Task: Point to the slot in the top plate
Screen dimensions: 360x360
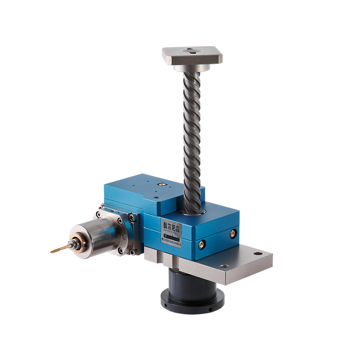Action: pos(191,51)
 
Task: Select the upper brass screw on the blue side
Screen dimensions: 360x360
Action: pos(233,233)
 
